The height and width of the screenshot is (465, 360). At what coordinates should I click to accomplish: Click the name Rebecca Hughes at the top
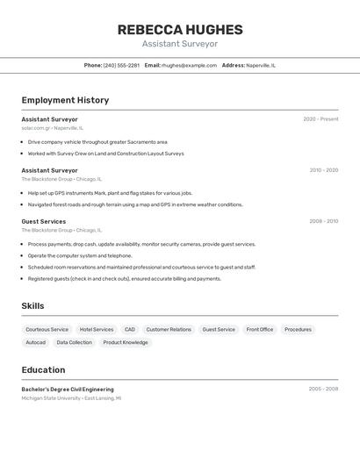pos(180,30)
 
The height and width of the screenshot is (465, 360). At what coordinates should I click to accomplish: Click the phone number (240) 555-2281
pos(121,65)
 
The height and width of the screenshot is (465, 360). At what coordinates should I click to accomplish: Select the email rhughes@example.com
pos(189,65)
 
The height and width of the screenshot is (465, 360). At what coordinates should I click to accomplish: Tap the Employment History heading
pos(65,100)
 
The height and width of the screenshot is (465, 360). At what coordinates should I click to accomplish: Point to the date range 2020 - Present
pos(320,119)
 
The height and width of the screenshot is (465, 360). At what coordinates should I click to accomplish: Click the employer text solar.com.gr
pos(36,128)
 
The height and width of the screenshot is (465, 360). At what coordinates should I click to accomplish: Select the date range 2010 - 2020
pos(323,170)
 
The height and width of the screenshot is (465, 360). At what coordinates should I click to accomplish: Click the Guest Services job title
pos(44,221)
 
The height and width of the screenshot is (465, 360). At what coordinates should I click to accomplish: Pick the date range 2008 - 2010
pos(323,221)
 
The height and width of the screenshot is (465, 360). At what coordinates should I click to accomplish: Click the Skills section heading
pos(32,306)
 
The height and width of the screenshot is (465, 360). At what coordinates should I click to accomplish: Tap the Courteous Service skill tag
pos(47,330)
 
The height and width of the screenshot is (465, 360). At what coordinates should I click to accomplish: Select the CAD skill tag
pos(130,330)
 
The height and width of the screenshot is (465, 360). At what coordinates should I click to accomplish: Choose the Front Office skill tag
pos(260,330)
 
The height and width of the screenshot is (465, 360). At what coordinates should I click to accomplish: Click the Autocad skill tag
pos(36,343)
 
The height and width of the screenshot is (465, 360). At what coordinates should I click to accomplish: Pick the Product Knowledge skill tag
pos(126,343)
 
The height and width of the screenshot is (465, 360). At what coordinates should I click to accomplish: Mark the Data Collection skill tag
pos(75,343)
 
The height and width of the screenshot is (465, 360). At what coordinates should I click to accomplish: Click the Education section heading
pos(43,370)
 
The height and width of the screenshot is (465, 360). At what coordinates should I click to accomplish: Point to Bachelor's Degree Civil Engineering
pos(68,389)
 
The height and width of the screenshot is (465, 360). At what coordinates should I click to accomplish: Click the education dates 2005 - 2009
pos(323,389)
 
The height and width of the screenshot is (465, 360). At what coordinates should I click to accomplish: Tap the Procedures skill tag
pos(298,330)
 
